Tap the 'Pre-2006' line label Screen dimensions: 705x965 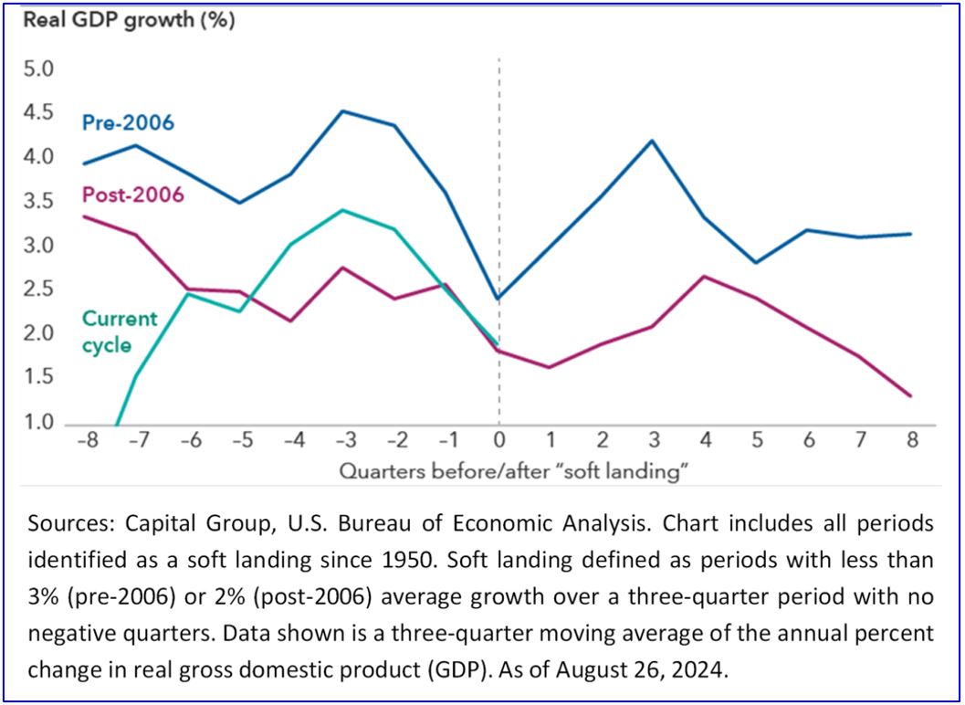point(128,121)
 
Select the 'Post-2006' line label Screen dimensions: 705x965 point(132,194)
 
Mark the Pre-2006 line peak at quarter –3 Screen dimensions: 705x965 point(341,111)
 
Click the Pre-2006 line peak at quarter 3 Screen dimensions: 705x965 point(654,141)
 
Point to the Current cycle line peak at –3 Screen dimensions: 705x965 point(341,210)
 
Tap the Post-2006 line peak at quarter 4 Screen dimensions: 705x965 point(705,276)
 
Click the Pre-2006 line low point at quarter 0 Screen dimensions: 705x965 point(498,299)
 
